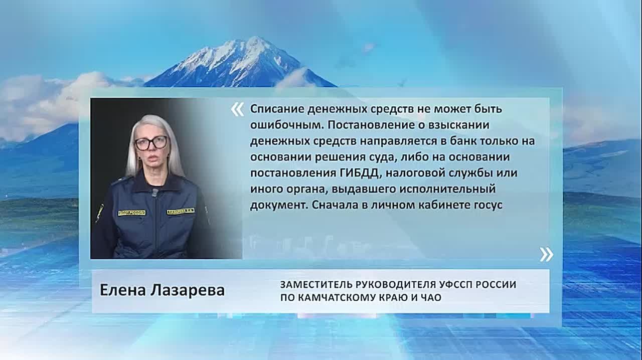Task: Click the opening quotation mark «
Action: [x=238, y=109]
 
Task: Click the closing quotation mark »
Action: [x=547, y=255]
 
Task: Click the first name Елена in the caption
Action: [x=122, y=290]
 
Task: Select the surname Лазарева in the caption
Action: [x=188, y=290]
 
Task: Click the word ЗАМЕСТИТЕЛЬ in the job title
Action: [x=316, y=285]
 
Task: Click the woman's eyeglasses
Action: [x=151, y=143]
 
